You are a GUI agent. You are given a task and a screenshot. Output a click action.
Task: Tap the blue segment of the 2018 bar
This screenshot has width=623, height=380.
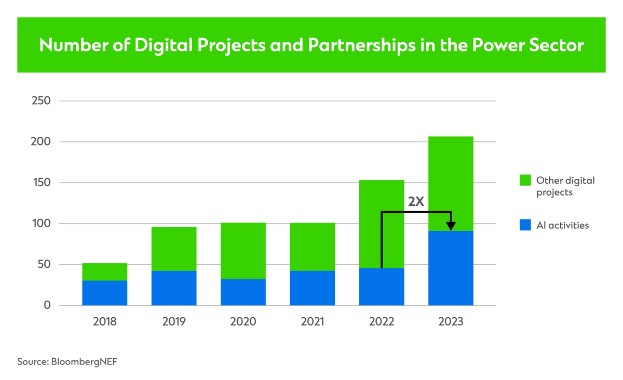point(105,293)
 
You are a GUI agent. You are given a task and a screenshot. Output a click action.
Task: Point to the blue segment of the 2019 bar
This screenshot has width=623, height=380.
point(174,288)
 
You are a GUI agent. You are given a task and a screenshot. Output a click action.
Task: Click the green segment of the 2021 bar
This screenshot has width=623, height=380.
point(312,247)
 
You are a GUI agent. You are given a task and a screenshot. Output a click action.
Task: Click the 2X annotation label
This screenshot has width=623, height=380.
point(416,202)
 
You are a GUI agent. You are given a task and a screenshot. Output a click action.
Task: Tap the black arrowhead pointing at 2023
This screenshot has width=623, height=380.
point(451,226)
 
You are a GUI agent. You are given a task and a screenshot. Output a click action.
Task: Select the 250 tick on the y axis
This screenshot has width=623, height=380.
point(40,101)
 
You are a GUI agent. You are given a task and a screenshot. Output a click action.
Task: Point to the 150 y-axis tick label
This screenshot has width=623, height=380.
point(40,182)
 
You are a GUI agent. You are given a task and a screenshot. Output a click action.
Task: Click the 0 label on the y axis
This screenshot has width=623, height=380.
point(47,305)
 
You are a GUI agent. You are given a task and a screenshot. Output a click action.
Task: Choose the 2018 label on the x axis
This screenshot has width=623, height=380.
point(105,321)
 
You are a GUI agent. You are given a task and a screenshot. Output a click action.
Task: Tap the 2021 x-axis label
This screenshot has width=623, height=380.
point(312,321)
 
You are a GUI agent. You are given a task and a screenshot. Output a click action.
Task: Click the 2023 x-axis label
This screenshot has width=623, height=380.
point(451,321)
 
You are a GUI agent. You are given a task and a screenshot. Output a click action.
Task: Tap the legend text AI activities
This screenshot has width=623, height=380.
point(562,226)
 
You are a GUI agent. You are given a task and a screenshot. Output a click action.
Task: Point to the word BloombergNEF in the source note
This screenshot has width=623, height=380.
point(85,362)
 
